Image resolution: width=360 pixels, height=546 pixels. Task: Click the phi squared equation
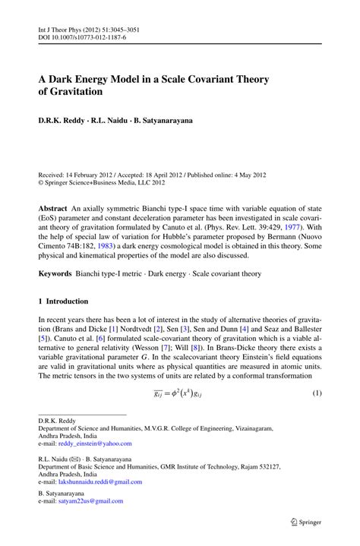180,394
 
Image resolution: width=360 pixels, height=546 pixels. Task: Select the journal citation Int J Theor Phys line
87,30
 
